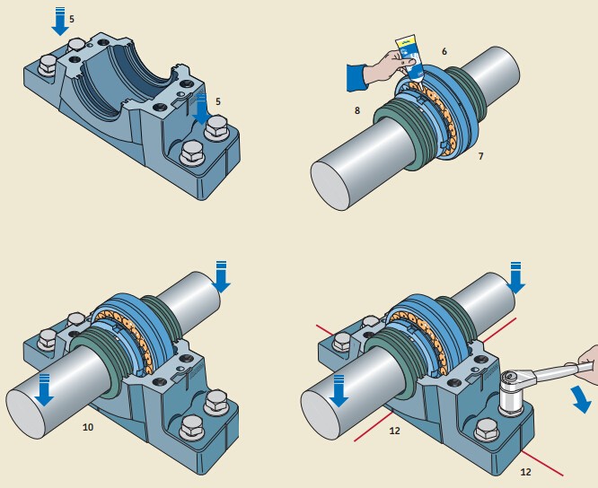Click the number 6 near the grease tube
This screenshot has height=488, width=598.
(444, 51)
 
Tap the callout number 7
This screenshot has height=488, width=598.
(480, 156)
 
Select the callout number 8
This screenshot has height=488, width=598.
(357, 110)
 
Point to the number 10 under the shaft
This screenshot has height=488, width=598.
(88, 427)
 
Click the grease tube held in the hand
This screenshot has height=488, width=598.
(410, 57)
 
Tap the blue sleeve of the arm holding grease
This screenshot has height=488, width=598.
(356, 77)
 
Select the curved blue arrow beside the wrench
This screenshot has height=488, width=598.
(582, 399)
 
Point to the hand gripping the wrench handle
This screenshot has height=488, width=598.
(587, 365)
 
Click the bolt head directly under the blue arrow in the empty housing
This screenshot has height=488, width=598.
(216, 128)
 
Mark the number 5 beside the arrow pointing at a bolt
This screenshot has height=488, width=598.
(218, 101)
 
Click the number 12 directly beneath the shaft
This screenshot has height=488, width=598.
(394, 431)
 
